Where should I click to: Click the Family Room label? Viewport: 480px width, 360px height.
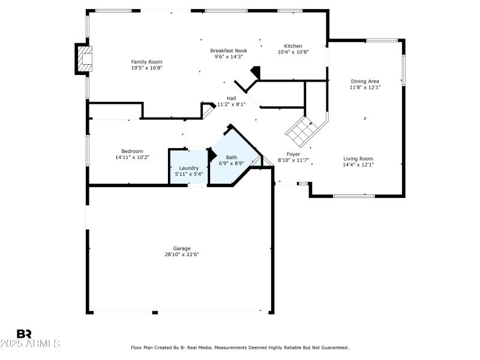click(x=146, y=62)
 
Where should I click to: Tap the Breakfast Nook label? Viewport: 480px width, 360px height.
click(x=228, y=51)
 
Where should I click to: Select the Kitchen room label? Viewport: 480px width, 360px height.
click(x=293, y=46)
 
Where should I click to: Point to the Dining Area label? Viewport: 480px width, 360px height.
click(x=365, y=81)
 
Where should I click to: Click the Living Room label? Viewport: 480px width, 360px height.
click(x=358, y=159)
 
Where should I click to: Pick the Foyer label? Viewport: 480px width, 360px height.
click(x=293, y=154)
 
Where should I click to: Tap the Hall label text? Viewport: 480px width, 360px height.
click(x=231, y=98)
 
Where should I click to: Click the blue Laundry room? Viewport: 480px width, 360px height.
click(x=188, y=167)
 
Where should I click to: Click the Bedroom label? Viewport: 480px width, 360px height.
click(x=132, y=151)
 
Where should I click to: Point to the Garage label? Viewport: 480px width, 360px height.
click(x=182, y=248)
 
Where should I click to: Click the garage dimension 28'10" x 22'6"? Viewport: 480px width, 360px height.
click(x=182, y=254)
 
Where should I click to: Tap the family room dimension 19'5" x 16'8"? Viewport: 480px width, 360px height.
click(x=146, y=68)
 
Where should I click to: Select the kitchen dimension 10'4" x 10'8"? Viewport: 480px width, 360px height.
click(x=293, y=52)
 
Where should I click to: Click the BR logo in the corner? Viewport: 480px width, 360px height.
click(x=24, y=334)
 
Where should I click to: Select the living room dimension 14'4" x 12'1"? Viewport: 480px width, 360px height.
click(x=358, y=165)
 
